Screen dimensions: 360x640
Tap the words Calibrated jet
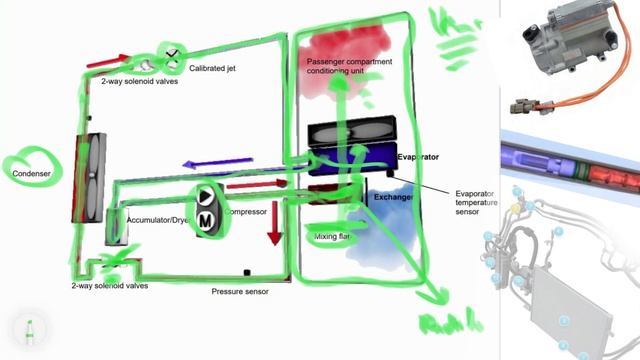point(217,67)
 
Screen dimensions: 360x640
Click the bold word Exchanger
point(393,197)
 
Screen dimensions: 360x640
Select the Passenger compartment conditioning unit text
point(349,67)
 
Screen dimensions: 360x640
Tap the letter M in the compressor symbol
point(205,218)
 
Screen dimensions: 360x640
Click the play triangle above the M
point(206,196)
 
